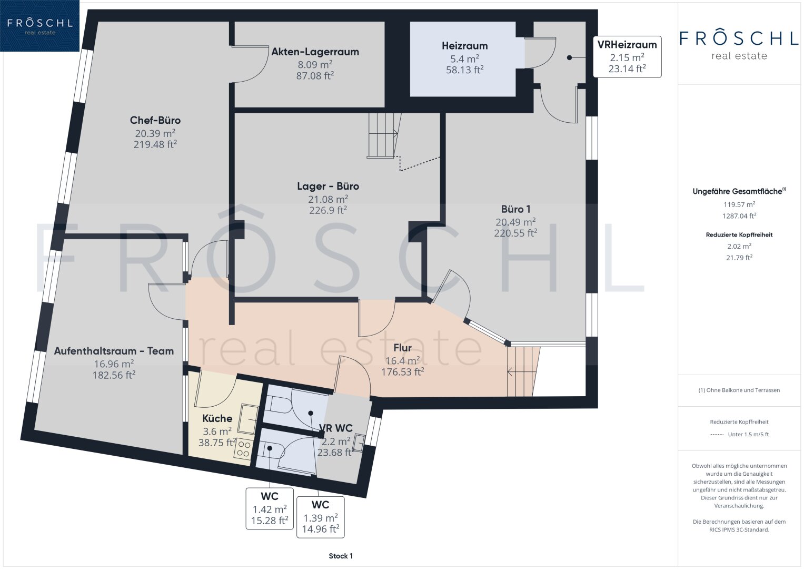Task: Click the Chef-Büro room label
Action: click(x=155, y=120)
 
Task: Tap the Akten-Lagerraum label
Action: click(x=315, y=52)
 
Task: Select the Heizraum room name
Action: click(x=464, y=46)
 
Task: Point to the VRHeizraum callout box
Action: click(x=627, y=57)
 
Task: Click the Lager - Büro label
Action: click(x=327, y=186)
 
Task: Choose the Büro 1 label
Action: click(x=515, y=209)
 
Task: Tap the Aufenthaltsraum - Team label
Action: click(x=114, y=351)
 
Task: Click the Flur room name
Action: click(x=402, y=348)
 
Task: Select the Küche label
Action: click(x=217, y=418)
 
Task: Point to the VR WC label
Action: click(x=335, y=428)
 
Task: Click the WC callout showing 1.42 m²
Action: click(x=270, y=508)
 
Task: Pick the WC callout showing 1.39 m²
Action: click(x=321, y=517)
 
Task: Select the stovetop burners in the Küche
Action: click(x=243, y=449)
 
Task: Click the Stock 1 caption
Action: click(x=341, y=556)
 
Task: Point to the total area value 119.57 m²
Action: click(x=739, y=205)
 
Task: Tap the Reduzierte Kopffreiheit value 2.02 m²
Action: click(x=739, y=247)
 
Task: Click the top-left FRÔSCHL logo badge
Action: click(x=39, y=26)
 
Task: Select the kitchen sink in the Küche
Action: click(x=249, y=419)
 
